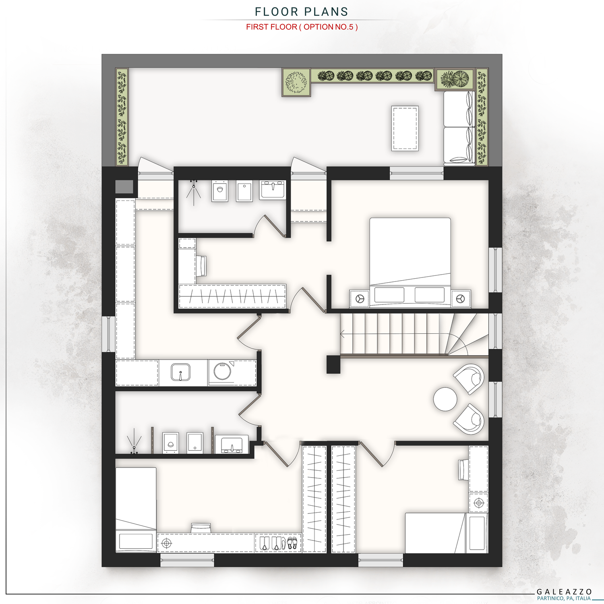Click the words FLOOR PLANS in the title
click(302, 12)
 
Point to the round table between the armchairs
click(445, 399)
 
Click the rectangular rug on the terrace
click(405, 128)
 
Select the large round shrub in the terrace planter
click(296, 82)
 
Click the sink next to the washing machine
click(180, 372)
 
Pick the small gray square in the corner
click(124, 187)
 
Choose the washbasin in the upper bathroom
click(273, 189)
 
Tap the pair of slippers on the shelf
click(292, 543)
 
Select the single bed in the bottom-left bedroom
click(136, 510)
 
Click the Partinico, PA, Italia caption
click(564, 598)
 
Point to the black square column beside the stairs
click(333, 364)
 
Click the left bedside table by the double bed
click(359, 298)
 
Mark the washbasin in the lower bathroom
click(232, 445)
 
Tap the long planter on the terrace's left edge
click(122, 117)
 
